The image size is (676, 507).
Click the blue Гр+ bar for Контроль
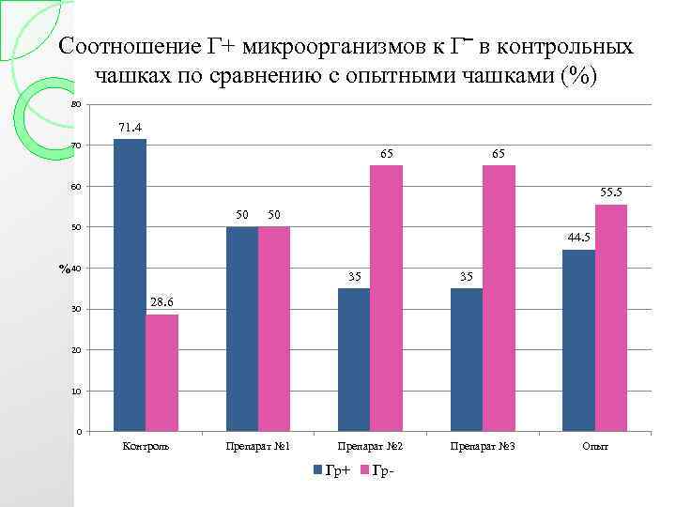pos(130,285)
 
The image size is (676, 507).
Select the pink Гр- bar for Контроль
pos(161,373)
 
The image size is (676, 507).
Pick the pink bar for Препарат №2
pos(386,298)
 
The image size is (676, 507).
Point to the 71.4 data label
pos(130,127)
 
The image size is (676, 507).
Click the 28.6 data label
pos(162,302)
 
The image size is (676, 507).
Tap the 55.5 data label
pos(610,192)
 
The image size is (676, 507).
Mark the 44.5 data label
pos(578,238)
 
